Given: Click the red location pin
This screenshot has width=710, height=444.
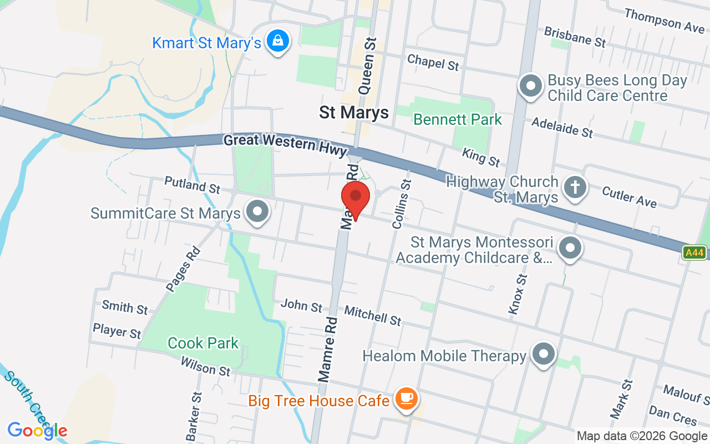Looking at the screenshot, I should [356, 198].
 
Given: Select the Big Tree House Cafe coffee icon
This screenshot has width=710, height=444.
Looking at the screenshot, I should [407, 398].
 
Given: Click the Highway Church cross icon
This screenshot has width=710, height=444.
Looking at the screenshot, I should [575, 187].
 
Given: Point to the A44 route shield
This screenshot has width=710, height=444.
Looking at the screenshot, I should [694, 253].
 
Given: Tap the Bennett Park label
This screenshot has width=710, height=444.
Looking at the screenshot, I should [458, 119].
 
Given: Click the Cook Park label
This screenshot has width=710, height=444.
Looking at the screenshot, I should [203, 343].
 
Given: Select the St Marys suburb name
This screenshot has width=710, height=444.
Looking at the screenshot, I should [354, 113].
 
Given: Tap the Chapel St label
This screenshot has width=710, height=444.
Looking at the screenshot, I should [433, 62].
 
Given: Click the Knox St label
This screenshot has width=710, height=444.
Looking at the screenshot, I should [517, 295].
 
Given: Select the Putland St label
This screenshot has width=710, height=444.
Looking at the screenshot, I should [192, 185].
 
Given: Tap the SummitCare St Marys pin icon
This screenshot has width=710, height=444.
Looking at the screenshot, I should [257, 212].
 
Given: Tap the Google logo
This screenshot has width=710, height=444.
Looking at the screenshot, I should [37, 431].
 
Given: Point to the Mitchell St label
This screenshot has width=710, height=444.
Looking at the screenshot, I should [373, 315].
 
